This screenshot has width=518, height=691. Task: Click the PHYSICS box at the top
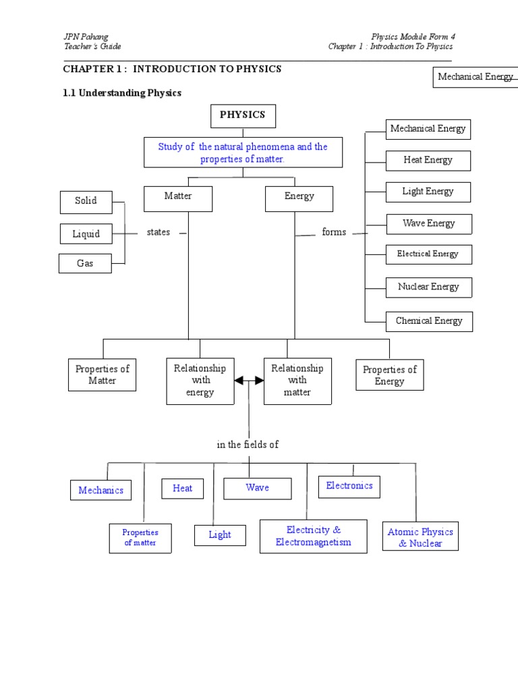click(243, 115)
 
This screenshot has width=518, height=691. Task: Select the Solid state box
click(86, 201)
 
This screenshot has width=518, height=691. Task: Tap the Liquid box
click(86, 234)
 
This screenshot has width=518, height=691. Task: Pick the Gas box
click(85, 264)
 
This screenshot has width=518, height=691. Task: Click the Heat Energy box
click(428, 161)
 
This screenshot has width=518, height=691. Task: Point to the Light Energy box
click(428, 192)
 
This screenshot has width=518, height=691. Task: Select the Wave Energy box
click(429, 223)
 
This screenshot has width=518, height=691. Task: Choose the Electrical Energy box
click(428, 254)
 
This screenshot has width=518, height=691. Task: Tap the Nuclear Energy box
click(428, 287)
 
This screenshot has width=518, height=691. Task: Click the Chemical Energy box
click(429, 321)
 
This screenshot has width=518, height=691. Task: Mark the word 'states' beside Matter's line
click(159, 232)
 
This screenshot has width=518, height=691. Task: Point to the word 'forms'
click(334, 232)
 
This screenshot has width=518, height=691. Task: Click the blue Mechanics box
click(101, 491)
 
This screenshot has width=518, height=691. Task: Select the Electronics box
click(349, 486)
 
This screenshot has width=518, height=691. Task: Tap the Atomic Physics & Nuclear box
click(420, 537)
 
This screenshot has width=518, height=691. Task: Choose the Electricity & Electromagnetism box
click(314, 536)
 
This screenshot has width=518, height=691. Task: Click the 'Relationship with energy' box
click(200, 381)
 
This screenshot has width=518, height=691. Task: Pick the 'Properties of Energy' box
click(390, 375)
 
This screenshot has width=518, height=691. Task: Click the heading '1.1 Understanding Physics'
click(122, 93)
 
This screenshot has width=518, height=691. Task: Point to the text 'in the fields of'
click(248, 445)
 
